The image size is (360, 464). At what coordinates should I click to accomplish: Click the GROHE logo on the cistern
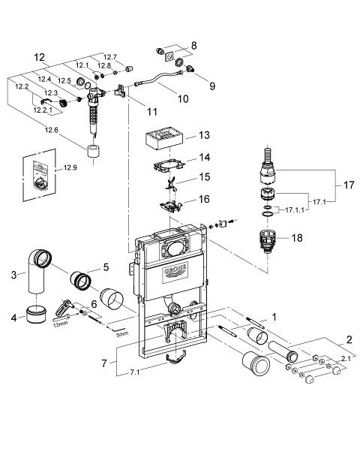(175, 273)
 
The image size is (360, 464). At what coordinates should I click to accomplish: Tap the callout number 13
(204, 135)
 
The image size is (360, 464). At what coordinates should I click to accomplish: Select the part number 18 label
(297, 237)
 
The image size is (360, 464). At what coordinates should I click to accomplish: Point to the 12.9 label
(70, 167)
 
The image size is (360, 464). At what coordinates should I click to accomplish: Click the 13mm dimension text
(60, 323)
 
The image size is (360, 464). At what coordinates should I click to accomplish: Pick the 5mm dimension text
(122, 334)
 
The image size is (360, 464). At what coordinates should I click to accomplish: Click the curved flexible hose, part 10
(157, 78)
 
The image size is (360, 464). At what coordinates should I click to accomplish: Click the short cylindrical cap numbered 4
(36, 315)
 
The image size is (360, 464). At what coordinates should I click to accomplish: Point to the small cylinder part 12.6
(94, 152)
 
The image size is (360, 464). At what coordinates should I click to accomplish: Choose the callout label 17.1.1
(295, 210)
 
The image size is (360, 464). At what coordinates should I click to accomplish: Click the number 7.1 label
(135, 372)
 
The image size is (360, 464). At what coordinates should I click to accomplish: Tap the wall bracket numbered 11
(120, 91)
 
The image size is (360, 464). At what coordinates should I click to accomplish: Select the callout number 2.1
(346, 359)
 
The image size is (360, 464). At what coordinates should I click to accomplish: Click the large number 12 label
(39, 57)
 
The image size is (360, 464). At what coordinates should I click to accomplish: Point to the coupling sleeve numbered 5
(80, 279)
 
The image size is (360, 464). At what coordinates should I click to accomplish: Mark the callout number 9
(212, 86)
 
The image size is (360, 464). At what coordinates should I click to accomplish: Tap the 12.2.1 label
(43, 110)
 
